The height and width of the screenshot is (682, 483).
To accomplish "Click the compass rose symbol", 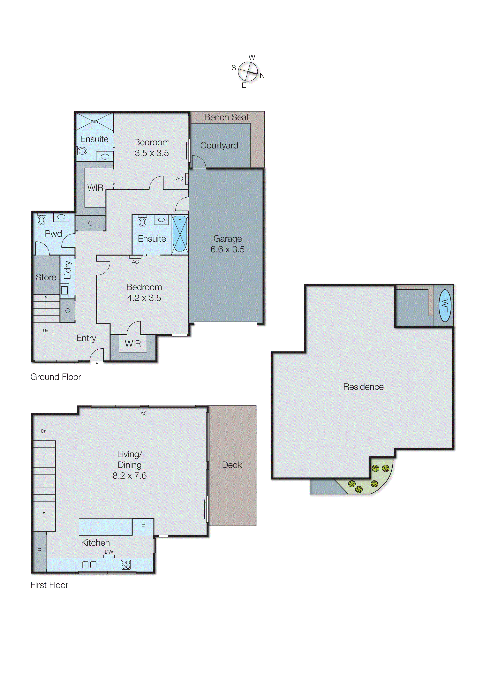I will (248, 71).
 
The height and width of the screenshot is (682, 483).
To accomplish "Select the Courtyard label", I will (219, 145).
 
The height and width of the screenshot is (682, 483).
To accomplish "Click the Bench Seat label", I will (226, 117).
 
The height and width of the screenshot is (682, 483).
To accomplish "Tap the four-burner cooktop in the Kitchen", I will (126, 565).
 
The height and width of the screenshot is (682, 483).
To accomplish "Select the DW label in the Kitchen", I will (109, 552).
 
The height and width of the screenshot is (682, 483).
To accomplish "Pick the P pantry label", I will (39, 550).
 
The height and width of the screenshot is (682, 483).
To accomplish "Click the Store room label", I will (46, 277).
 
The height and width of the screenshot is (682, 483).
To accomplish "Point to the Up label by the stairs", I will (46, 331).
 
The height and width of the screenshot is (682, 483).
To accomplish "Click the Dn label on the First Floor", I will (44, 431).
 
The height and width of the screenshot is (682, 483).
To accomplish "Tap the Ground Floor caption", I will (56, 377).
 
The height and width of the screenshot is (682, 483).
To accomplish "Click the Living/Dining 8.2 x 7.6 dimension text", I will (130, 476).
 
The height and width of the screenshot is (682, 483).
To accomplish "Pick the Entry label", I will (86, 338).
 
